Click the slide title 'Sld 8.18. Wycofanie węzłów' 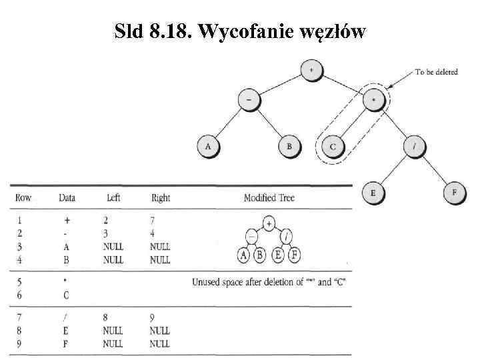click(x=240, y=31)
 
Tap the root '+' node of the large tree click(x=311, y=69)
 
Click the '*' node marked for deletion click(x=374, y=100)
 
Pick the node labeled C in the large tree click(x=332, y=146)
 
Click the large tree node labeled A click(x=207, y=146)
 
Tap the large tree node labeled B click(x=289, y=146)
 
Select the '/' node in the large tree click(x=415, y=146)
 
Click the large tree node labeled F click(x=454, y=194)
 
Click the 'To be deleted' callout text click(x=437, y=72)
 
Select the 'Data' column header click(x=67, y=198)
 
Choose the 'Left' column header click(x=113, y=198)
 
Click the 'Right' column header click(x=161, y=198)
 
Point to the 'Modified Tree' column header click(x=269, y=198)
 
